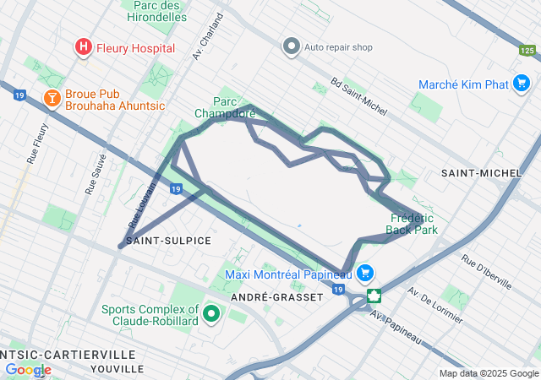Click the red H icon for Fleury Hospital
84,47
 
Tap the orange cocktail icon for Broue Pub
52,99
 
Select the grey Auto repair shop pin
292,46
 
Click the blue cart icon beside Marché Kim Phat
522,84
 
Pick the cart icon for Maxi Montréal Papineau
365,273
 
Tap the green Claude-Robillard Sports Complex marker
210,315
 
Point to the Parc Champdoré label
225,106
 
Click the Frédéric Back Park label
412,223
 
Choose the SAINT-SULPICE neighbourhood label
168,241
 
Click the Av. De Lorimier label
434,306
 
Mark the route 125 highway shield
527,51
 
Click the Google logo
28,370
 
